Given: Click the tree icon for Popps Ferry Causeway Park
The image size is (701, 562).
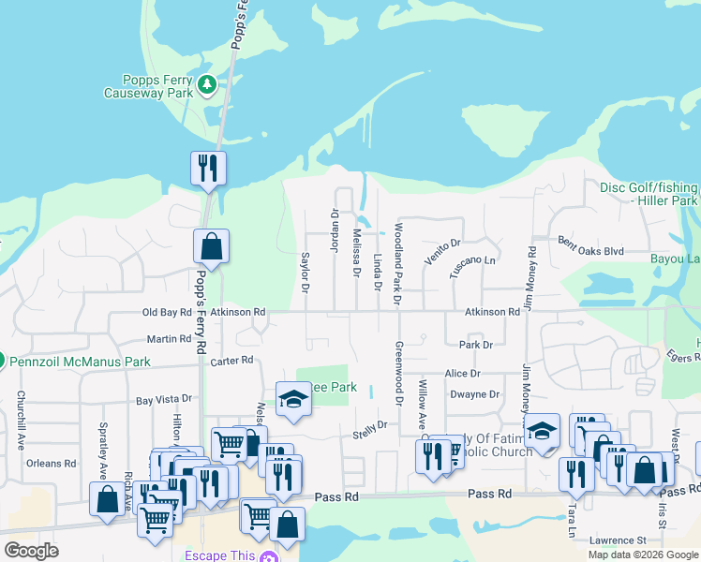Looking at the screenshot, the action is [207, 86].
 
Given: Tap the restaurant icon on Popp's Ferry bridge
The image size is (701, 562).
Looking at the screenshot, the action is [208, 169].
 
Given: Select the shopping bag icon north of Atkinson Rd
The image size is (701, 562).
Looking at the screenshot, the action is [212, 247].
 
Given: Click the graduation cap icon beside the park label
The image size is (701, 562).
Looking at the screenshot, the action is [293, 400].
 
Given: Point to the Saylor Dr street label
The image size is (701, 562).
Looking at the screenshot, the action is [306, 271].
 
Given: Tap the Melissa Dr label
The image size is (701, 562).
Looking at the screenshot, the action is [356, 253].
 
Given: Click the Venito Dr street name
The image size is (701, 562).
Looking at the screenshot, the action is [442, 250].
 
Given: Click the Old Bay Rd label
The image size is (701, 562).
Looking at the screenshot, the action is [166, 312].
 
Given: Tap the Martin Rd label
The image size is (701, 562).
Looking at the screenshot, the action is [169, 339].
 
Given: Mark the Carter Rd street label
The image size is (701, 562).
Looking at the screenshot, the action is [232, 361].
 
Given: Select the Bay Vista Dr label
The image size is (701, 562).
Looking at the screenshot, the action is [163, 400].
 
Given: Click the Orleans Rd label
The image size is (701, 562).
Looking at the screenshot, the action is [52, 463].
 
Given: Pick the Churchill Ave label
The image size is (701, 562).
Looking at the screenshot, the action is [21, 421].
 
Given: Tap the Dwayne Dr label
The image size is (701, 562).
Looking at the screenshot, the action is [474, 395].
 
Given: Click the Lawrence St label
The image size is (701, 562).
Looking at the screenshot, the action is [619, 540].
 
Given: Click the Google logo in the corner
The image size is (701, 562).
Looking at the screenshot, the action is [32, 551].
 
